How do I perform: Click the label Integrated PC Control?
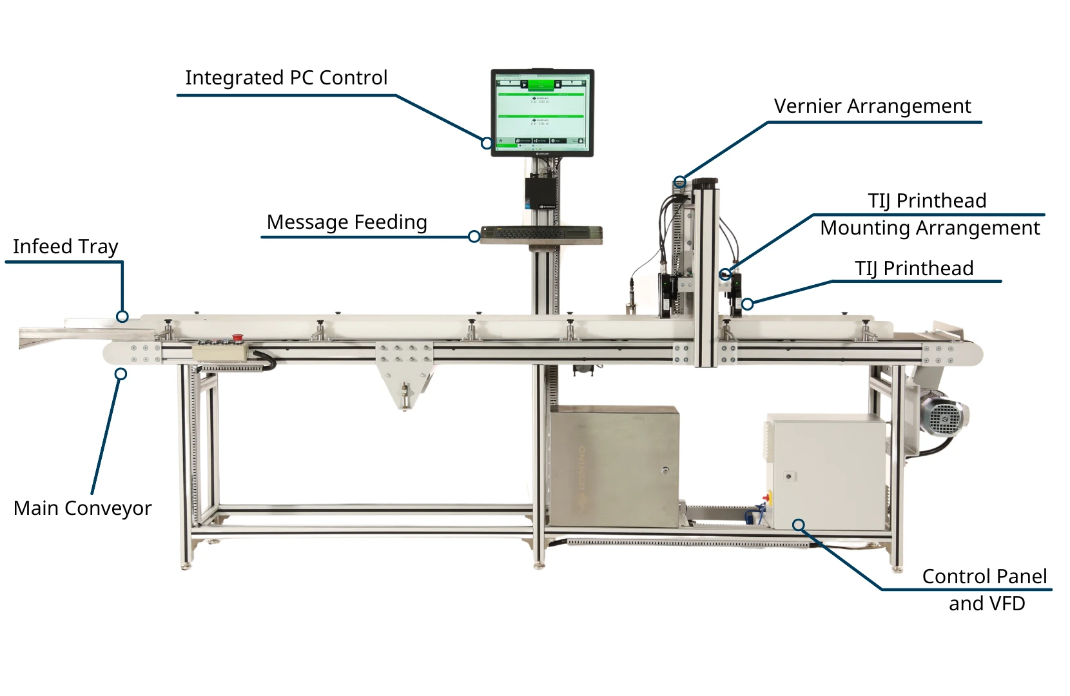click(x=286, y=78)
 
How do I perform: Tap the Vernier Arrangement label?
click(x=872, y=106)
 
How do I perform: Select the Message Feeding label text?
click(x=347, y=222)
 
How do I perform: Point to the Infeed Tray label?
click(x=65, y=247)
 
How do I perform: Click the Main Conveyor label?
click(x=83, y=508)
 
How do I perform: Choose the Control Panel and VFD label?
click(x=985, y=590)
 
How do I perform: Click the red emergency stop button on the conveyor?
click(x=237, y=337)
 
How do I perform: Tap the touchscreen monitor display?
click(x=541, y=111)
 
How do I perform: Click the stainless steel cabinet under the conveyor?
click(x=614, y=466)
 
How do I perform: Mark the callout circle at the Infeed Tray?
click(x=122, y=316)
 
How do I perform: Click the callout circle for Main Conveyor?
click(x=121, y=374)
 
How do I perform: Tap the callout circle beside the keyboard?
click(x=474, y=237)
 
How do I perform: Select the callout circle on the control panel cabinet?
click(x=799, y=525)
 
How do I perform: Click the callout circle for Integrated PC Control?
click(x=487, y=143)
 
